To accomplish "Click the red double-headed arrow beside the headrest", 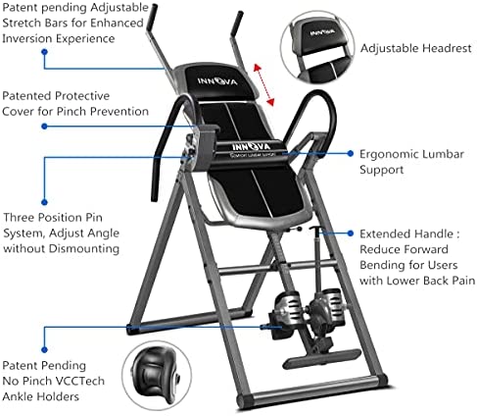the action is pos(263,85).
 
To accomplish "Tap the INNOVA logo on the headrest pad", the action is pos(217,81).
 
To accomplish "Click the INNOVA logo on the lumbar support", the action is pos(251,146).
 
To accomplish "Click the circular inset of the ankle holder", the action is pos(157,375).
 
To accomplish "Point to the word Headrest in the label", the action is pos(447,48).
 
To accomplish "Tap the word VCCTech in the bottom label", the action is pos(84,381).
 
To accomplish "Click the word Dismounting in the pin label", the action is pos(84,248).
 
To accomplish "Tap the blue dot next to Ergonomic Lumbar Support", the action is pos(351,153).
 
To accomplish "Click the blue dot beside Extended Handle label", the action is pos(351,234).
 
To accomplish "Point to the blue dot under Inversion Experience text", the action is pos(45,52).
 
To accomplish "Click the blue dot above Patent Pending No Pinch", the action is pos(45,349).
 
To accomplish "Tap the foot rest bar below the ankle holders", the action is pos(322,358).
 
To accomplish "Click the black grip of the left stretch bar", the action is pos(152,18).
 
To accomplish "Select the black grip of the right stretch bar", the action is pos(237,25).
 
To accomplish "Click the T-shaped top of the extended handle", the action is pos(315,228).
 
